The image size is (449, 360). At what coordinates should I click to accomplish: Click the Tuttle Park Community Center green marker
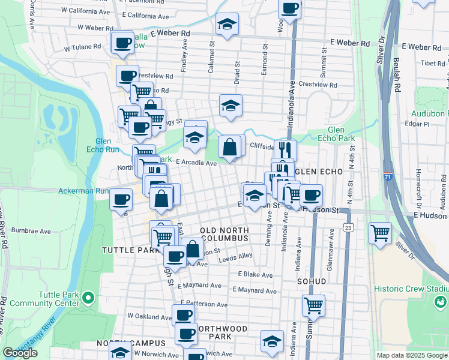[x=88, y=297]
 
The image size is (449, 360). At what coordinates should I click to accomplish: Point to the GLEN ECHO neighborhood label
[x=319, y=171]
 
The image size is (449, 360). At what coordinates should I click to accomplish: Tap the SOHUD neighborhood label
[x=311, y=281]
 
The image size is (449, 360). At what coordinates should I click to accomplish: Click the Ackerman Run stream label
[x=82, y=191]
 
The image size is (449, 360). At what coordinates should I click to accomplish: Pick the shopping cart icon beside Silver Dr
[x=381, y=232]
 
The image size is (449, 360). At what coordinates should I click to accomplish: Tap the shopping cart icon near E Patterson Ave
[x=313, y=305]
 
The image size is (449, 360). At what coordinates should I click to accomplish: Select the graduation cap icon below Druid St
[x=231, y=106]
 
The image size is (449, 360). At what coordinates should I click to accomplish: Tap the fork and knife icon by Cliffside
[x=286, y=149]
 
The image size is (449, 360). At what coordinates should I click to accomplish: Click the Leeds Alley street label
[x=235, y=256]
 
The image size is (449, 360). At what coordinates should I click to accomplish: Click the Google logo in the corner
[x=20, y=353]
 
